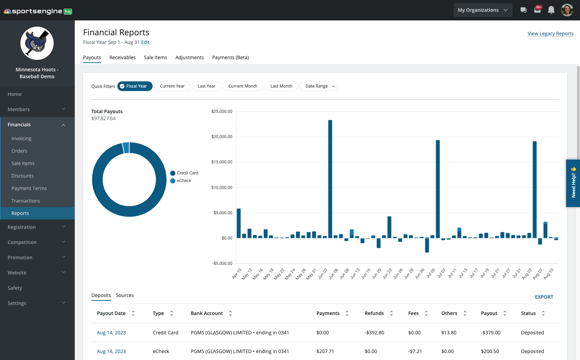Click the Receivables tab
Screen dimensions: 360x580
point(122,57)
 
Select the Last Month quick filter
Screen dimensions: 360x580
point(281,86)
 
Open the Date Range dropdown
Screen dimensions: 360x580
point(319,86)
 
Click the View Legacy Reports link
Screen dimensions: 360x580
point(550,34)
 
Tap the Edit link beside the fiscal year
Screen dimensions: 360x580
point(145,42)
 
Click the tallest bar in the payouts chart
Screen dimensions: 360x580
point(330,179)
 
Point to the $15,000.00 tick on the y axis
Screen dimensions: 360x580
point(222,162)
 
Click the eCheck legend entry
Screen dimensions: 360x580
point(183,181)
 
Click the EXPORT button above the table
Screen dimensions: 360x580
point(544,297)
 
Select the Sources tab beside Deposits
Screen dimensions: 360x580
point(125,295)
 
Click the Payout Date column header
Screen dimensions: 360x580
point(111,313)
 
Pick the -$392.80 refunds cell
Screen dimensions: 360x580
point(374,333)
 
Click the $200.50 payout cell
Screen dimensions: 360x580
point(490,351)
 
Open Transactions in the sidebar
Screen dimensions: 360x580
point(26,201)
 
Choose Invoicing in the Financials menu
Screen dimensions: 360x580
point(21,138)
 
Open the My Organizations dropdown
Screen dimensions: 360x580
point(482,10)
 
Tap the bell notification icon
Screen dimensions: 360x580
point(551,10)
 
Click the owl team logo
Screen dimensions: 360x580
point(37,43)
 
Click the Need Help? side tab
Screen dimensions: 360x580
point(573,183)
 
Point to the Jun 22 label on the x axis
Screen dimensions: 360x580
point(388,273)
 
